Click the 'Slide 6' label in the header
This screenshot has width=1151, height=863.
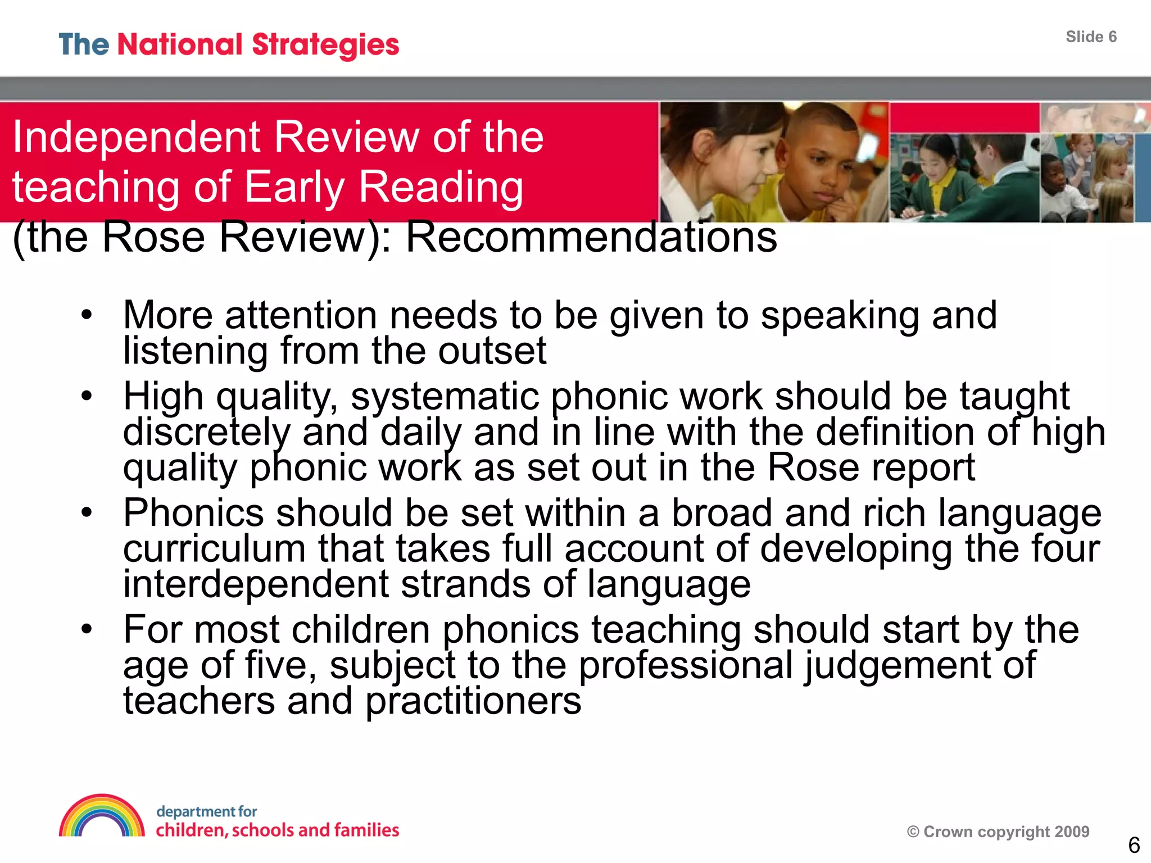1091,37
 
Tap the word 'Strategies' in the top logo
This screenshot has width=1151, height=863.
325,46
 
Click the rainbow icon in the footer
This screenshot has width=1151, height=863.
102,815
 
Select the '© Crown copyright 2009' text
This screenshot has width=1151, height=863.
998,832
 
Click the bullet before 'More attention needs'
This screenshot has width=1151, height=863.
86,314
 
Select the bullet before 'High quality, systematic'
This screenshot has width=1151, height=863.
86,396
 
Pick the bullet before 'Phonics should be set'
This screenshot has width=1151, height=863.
86,512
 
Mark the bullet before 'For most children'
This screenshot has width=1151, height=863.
86,629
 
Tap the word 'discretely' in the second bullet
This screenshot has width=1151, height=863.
207,433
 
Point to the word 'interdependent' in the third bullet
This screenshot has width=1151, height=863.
256,584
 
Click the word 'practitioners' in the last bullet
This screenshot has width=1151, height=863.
473,702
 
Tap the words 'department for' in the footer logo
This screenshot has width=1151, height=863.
206,811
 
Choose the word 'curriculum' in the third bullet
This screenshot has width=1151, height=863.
214,548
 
